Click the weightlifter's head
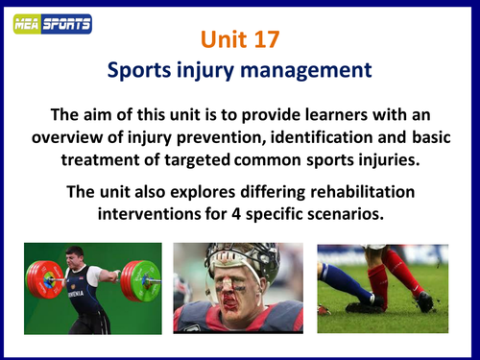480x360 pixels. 76,258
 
